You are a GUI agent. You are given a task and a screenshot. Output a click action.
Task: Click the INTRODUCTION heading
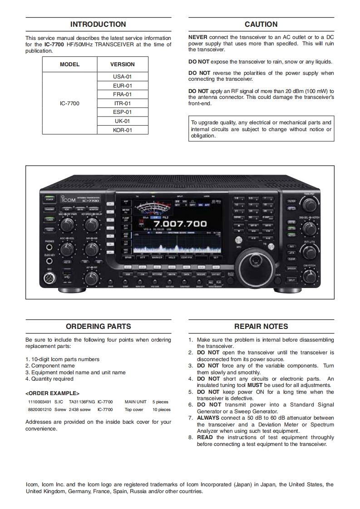point(98,24)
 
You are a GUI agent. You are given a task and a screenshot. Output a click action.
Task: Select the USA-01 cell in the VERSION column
point(122,77)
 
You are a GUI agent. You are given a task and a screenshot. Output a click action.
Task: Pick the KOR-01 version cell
point(122,130)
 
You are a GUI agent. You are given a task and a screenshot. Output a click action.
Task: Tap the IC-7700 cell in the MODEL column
point(69,103)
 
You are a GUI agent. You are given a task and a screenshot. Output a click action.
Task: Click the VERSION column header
point(122,64)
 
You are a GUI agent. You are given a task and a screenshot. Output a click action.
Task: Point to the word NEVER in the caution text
point(198,38)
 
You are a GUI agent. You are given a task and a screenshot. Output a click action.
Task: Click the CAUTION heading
point(261,24)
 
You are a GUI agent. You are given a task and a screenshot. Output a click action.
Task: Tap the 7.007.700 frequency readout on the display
point(180,224)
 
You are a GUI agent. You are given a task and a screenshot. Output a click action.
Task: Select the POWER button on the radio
point(49,199)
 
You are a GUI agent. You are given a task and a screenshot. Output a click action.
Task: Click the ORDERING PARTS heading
point(98,326)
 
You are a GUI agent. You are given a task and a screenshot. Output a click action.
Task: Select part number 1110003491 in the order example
point(39,402)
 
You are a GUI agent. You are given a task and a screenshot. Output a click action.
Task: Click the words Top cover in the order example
point(134,410)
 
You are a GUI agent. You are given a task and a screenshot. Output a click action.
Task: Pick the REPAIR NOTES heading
point(261,326)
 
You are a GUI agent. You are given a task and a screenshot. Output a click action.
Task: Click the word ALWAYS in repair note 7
point(208,418)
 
